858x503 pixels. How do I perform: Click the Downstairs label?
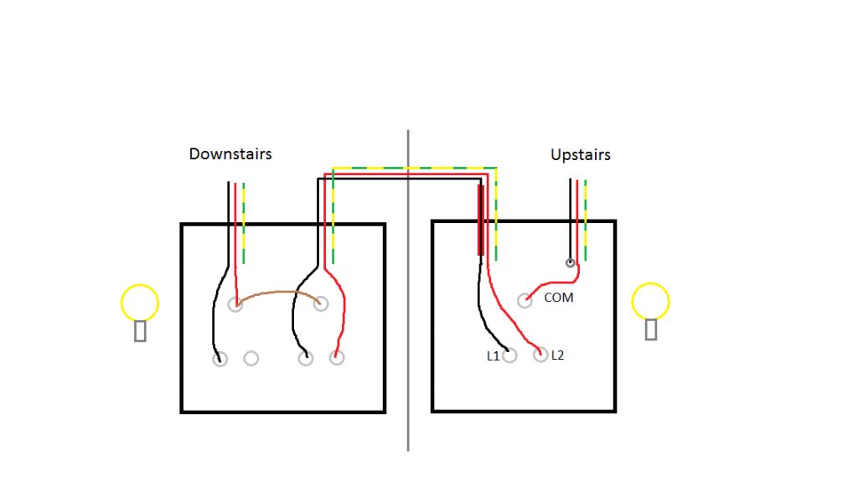coord(230,154)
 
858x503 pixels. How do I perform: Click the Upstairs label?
coord(580,155)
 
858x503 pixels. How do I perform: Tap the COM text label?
coord(559,298)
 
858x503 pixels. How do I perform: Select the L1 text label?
coord(493,356)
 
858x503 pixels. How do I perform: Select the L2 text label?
coord(558,355)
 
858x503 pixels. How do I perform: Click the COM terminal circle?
coord(525,300)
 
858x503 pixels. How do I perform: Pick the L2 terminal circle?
coord(540,355)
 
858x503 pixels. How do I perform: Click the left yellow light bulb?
coord(140,303)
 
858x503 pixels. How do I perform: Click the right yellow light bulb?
coord(650,302)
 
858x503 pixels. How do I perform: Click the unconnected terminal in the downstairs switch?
coord(251,359)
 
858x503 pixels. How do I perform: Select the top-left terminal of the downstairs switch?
coord(235,304)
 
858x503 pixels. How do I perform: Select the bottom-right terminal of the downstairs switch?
coord(337,359)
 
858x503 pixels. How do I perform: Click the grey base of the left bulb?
coord(141,331)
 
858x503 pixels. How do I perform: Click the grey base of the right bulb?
coord(651,329)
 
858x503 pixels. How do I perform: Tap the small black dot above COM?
coord(571,263)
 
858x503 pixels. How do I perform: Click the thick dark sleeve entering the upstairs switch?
coord(480,220)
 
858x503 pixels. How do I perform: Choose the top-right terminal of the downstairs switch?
coord(320,303)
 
